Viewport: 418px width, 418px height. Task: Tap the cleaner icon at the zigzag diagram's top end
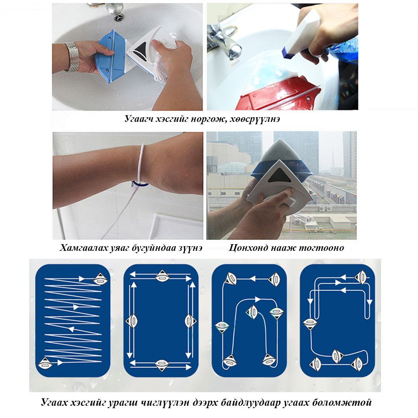(x=101, y=279)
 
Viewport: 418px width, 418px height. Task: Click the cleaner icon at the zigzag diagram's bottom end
(x=45, y=363)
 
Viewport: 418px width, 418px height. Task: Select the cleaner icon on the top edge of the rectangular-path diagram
(x=162, y=276)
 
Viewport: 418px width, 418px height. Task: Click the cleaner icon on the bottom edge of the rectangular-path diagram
(x=162, y=365)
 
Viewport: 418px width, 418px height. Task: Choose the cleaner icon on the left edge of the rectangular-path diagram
(x=131, y=321)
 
